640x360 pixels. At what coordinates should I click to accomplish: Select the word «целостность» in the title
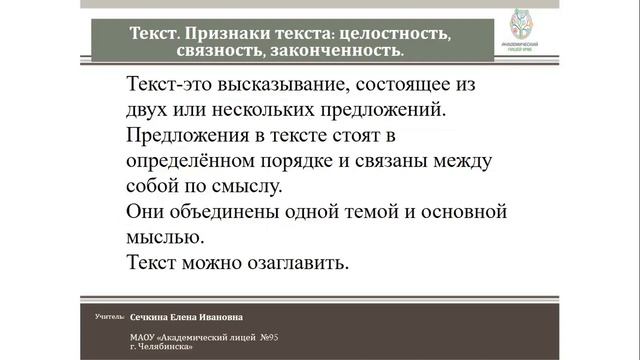395,32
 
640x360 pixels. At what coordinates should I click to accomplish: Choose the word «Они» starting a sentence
146,212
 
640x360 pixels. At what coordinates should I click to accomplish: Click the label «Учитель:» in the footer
109,316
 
